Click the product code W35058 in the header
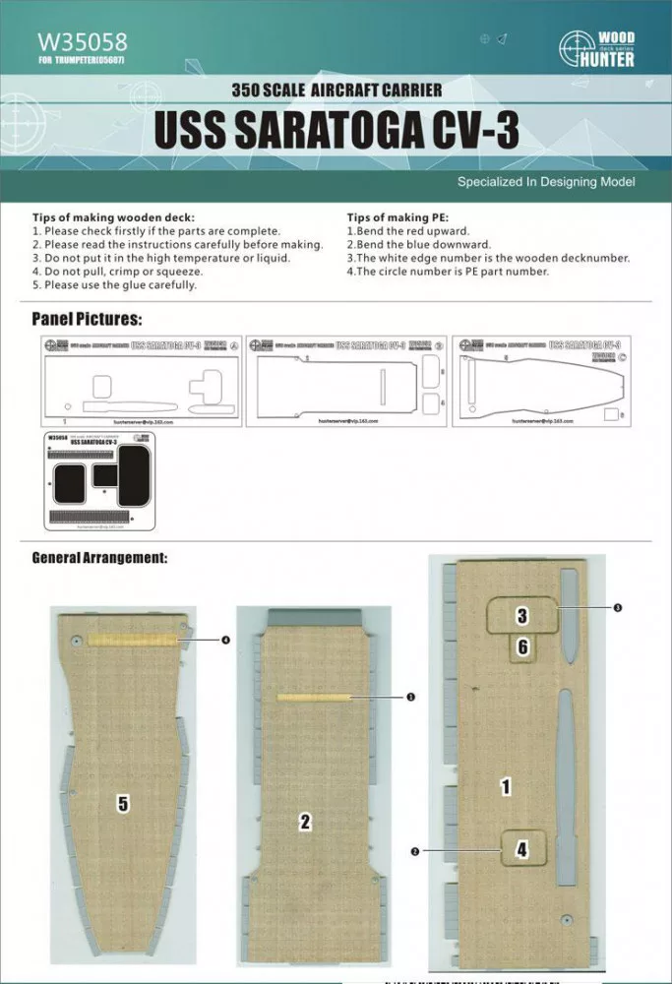83,43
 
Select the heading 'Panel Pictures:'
87,319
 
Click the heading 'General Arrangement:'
99,558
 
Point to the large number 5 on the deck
123,804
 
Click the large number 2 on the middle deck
305,822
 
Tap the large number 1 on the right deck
506,787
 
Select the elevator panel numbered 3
522,616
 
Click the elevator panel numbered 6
522,646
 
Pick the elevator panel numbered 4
521,848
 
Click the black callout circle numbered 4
226,640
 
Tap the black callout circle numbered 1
410,697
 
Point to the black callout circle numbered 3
617,608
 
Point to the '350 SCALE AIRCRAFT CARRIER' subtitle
336,90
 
